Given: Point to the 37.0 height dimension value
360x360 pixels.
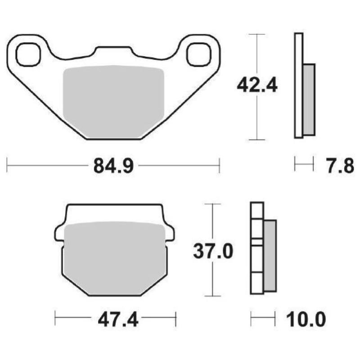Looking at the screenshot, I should click(213, 251).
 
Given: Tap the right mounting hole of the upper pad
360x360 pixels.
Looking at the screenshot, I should click(198, 55).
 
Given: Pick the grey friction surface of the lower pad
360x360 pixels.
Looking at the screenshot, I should click(115, 259).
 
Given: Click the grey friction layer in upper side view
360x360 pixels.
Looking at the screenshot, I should click(309, 99).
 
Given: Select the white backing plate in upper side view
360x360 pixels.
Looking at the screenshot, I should click(298, 85).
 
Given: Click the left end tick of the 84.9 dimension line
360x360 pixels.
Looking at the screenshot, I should click(8, 165).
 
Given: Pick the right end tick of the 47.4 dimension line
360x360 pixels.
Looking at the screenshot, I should click(176, 319).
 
